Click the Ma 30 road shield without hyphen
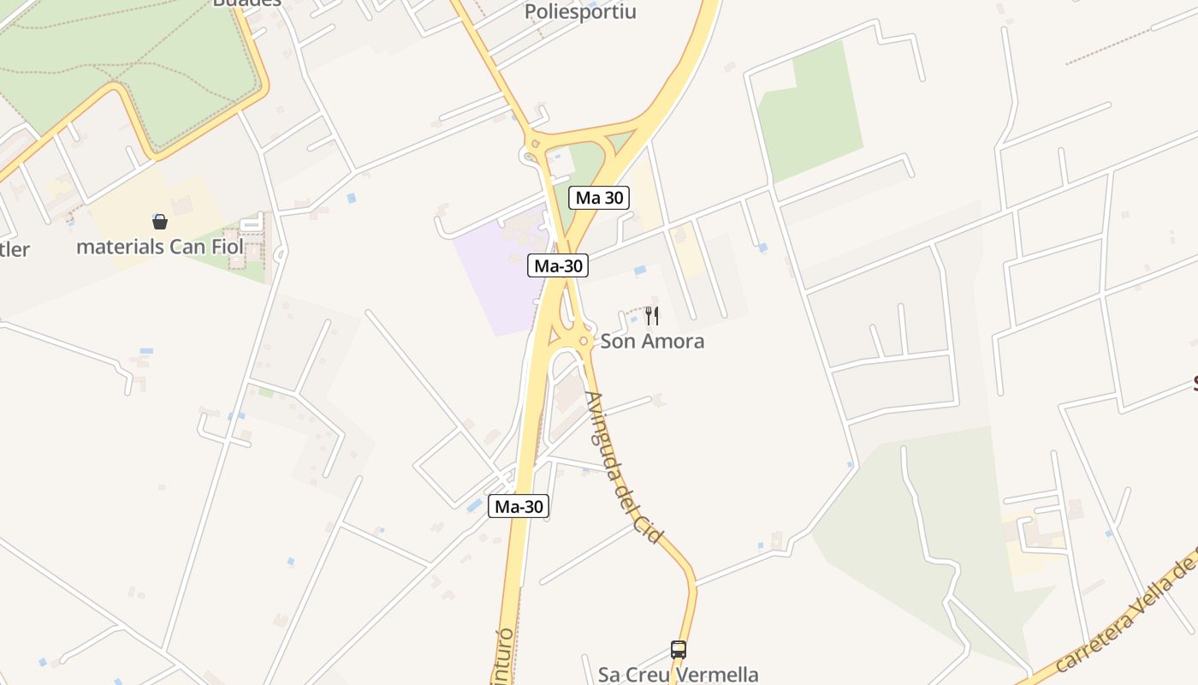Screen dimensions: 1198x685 599,198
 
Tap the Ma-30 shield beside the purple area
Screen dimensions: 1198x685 558,265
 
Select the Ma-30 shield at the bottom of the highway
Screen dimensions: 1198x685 519,506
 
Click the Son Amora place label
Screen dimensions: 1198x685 652,341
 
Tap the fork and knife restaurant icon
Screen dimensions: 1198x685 652,316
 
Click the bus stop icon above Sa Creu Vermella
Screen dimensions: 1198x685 679,649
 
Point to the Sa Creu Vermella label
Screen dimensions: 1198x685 678,674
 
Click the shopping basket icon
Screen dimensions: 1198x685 160,222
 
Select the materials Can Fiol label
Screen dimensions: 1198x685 160,247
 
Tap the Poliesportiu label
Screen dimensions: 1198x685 580,12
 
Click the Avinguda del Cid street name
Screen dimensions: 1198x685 623,467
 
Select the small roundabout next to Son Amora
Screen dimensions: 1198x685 584,342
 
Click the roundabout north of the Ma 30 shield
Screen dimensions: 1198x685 535,145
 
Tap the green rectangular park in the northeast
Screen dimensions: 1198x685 813,116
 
